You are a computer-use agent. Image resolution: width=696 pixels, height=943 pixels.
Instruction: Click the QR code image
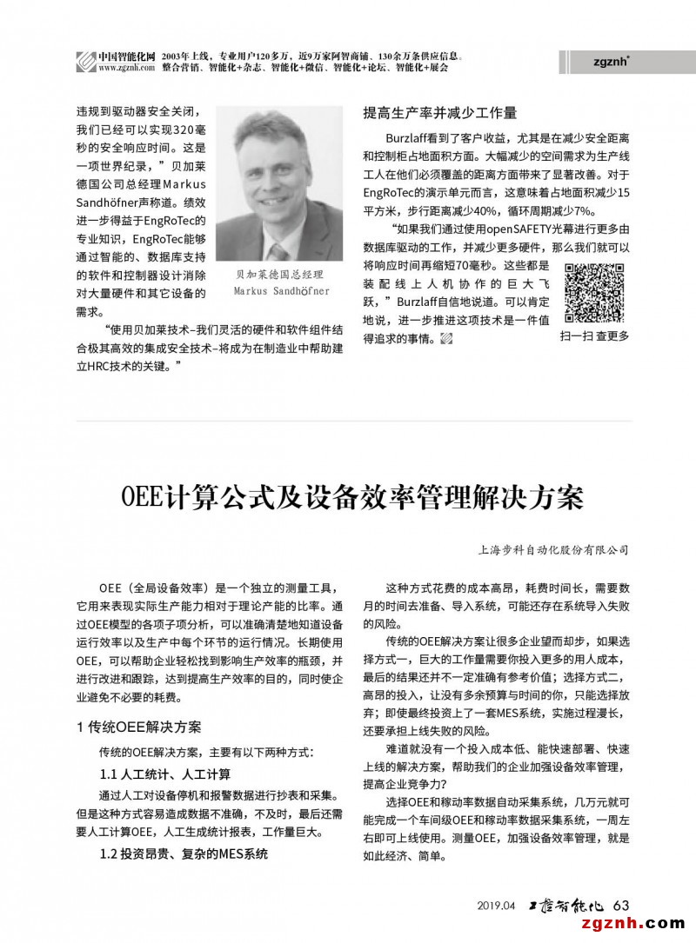[x=594, y=293]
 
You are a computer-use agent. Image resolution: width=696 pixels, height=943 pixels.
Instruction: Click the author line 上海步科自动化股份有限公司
[x=553, y=550]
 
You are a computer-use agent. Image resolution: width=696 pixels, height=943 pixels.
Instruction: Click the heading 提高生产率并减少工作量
[x=439, y=112]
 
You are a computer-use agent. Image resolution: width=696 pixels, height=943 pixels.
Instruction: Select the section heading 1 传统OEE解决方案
[x=138, y=727]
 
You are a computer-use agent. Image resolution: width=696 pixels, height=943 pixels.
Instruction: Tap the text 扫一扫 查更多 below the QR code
[x=594, y=335]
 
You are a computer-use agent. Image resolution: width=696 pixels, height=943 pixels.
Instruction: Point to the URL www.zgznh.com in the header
[x=126, y=67]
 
